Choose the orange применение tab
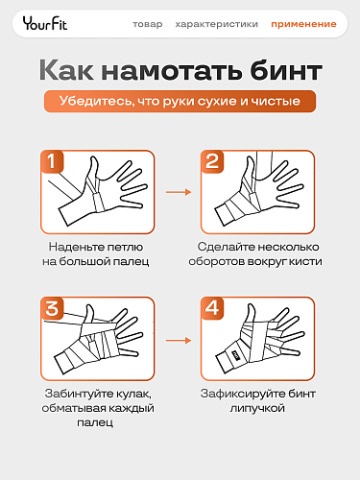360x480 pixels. coord(302,24)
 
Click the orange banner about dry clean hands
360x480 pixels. coord(180,102)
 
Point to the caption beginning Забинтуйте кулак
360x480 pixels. coord(99,400)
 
